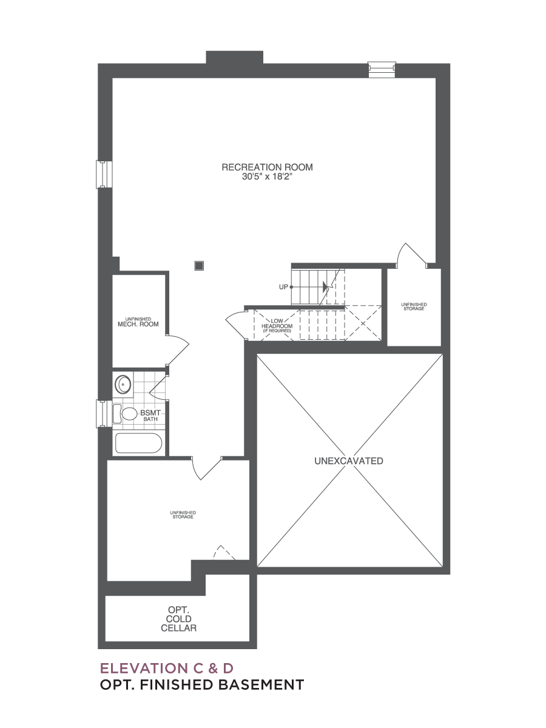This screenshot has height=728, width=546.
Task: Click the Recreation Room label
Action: (267, 167)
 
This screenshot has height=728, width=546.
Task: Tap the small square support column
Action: (199, 266)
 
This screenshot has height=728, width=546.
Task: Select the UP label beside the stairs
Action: (283, 287)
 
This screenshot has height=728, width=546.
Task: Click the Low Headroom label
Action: (277, 326)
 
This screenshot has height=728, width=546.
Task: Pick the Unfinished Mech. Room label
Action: (138, 322)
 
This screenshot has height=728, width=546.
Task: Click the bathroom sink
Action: (123, 385)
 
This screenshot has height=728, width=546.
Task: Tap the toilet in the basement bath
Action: (125, 414)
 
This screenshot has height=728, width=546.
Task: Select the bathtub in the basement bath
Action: (138, 443)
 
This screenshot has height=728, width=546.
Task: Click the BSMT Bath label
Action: (150, 416)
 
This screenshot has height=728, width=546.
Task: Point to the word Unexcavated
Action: (349, 461)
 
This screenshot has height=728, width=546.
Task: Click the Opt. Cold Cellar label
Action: (179, 619)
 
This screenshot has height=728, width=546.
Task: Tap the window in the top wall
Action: (382, 70)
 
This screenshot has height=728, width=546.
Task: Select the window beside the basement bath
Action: (104, 414)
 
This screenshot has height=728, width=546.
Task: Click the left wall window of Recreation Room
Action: (104, 175)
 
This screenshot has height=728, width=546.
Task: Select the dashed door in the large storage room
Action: (224, 553)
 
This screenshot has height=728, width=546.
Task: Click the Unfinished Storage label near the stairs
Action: (414, 306)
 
